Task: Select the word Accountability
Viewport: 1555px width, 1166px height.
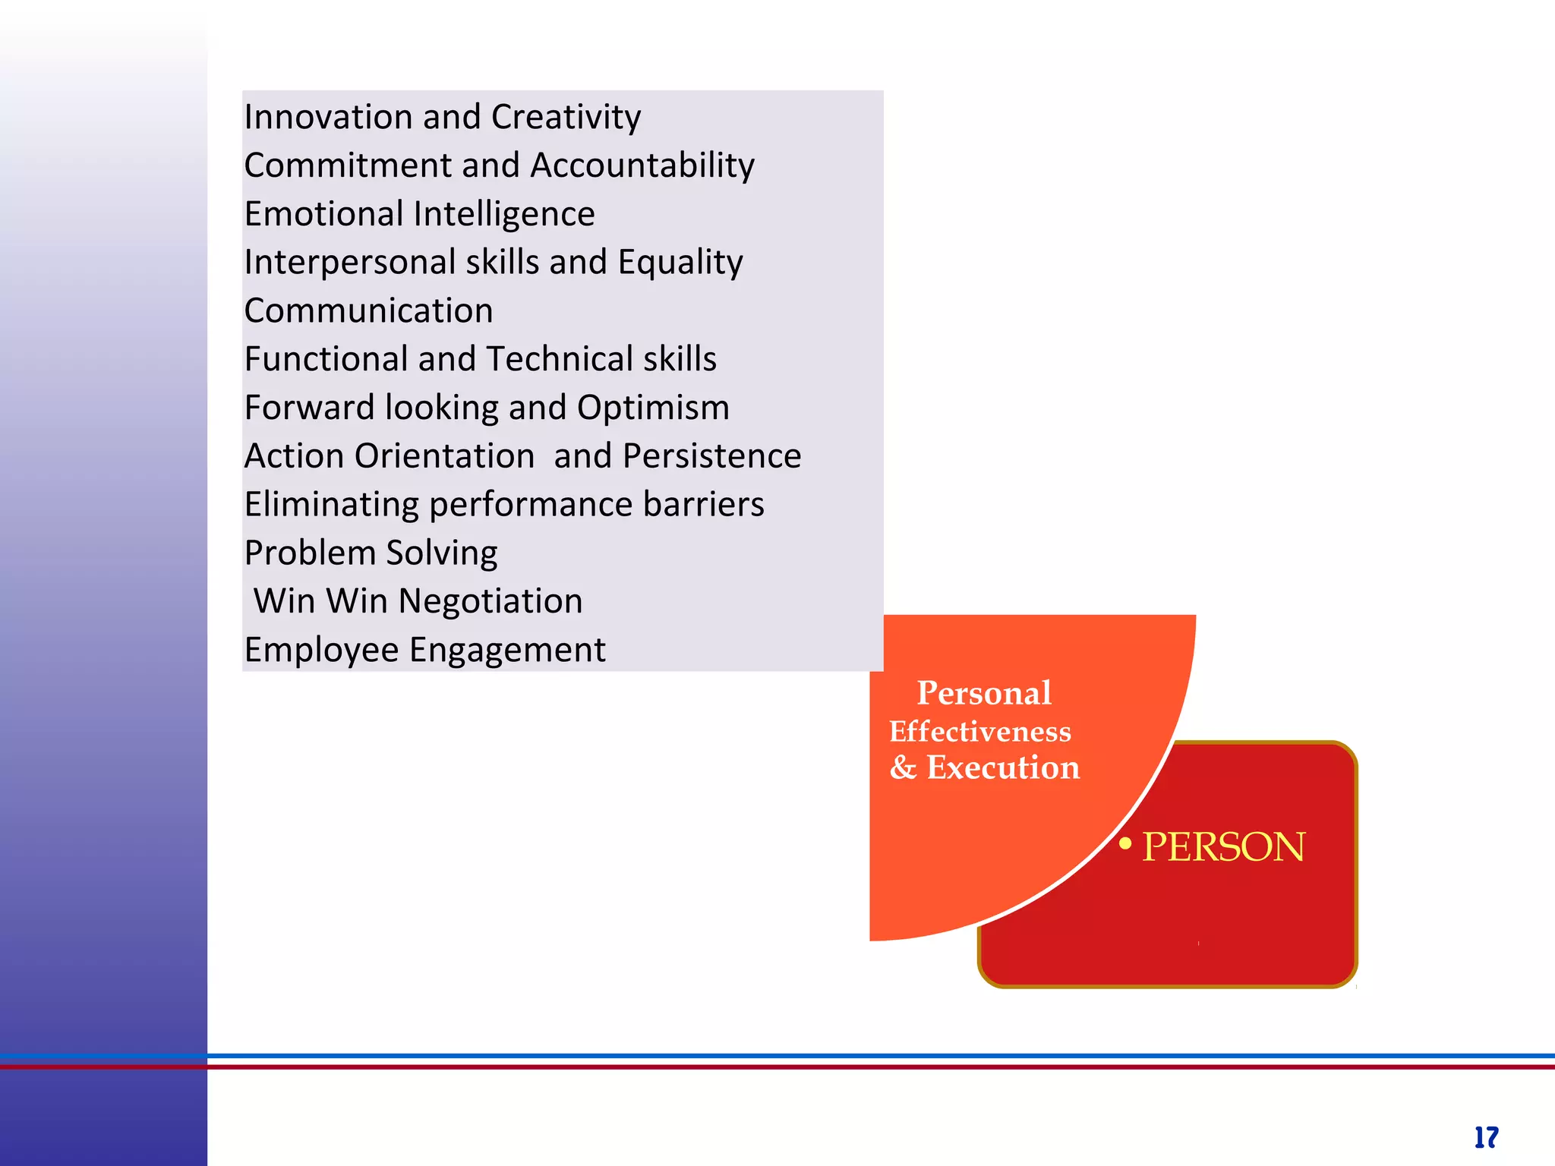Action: click(x=642, y=165)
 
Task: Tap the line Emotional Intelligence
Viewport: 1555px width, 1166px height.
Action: click(x=419, y=214)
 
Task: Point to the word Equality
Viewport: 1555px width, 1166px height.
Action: click(x=680, y=263)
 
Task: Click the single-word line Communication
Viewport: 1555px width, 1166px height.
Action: click(x=368, y=310)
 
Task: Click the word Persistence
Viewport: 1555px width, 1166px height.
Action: click(x=711, y=456)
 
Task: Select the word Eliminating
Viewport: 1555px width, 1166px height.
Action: click(x=331, y=504)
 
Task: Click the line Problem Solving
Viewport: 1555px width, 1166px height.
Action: click(x=371, y=553)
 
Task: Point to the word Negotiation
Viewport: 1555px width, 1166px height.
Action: click(x=490, y=601)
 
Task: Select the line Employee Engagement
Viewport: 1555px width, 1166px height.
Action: click(x=424, y=650)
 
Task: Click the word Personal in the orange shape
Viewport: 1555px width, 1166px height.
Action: click(x=984, y=693)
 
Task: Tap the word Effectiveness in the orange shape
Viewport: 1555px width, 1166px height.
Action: click(x=980, y=732)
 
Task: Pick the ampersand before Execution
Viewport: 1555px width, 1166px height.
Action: click(x=903, y=767)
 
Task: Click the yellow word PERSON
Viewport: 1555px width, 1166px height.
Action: click(x=1223, y=847)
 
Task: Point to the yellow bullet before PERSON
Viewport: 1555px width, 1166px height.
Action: click(x=1125, y=843)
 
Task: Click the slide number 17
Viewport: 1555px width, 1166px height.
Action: click(x=1486, y=1137)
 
